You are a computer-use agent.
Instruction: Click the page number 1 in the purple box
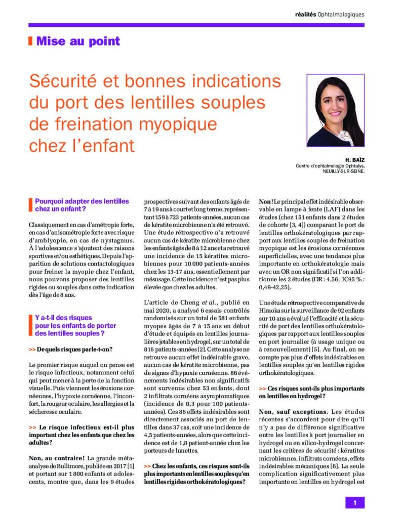click(x=355, y=502)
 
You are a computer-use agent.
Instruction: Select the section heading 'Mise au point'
click(x=78, y=41)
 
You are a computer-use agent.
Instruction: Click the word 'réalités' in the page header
click(x=306, y=14)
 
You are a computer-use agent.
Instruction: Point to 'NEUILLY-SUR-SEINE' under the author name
click(x=340, y=171)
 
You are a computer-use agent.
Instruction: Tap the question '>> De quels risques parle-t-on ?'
click(x=70, y=350)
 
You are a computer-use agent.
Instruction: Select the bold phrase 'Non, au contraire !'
click(x=55, y=458)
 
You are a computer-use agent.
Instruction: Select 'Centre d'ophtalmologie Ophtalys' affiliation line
click(x=330, y=165)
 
